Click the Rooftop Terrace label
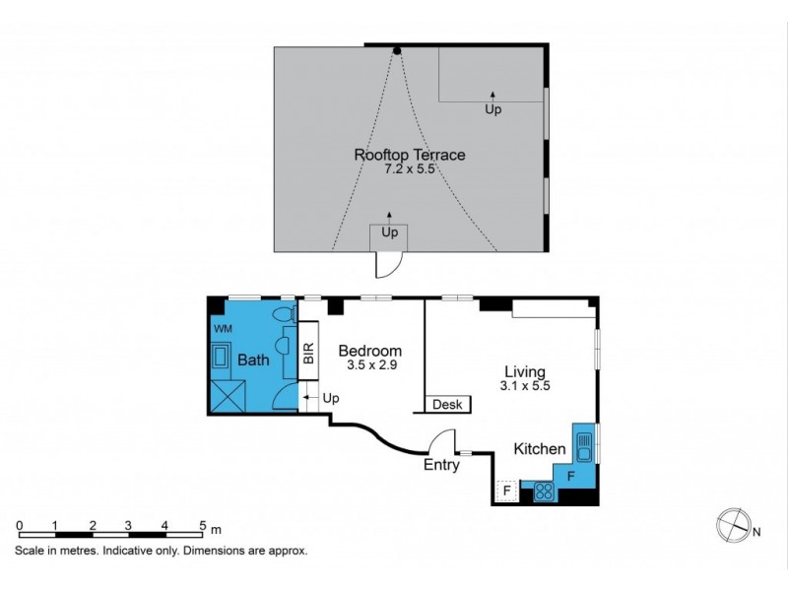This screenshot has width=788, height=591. point(410,155)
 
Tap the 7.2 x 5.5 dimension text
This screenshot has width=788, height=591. point(410,169)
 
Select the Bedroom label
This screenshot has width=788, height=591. point(369,352)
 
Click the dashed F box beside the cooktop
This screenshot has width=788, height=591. point(506,490)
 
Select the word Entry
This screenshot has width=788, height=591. point(441,466)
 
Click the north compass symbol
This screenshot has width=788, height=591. point(733,524)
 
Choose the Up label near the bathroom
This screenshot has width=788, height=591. point(330,398)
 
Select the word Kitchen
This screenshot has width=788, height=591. point(540,449)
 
